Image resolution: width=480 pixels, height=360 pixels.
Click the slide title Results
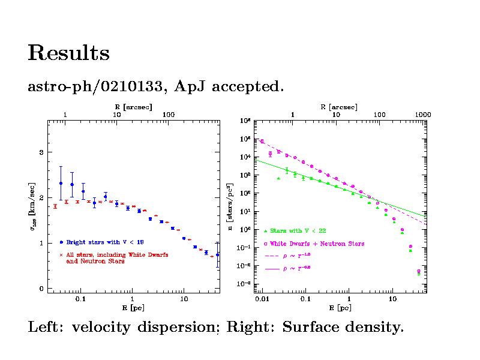click(68, 53)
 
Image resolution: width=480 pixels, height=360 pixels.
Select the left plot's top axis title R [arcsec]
click(133, 106)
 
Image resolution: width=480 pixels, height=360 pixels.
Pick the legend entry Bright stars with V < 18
click(104, 242)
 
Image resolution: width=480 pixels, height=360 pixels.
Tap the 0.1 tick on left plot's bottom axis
click(80, 298)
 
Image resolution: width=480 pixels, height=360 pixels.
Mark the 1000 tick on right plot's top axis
click(422, 114)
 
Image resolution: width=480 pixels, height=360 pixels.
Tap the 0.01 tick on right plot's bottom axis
click(262, 298)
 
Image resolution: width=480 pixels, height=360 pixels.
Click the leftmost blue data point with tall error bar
click(61, 183)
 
